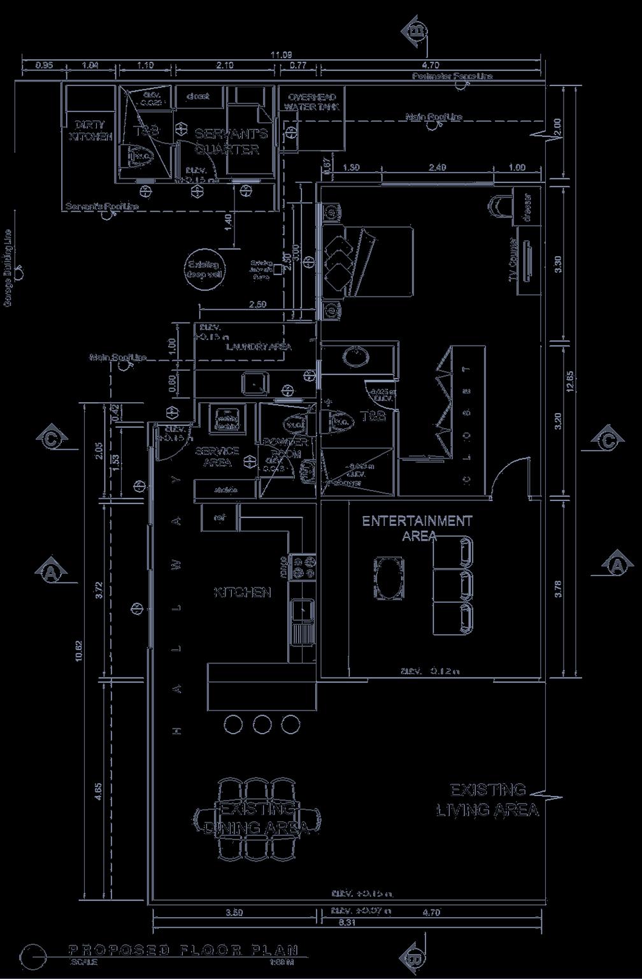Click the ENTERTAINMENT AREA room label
(x=417, y=528)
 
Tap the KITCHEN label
(x=243, y=593)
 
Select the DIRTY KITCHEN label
(x=90, y=131)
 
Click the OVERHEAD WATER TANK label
(x=312, y=102)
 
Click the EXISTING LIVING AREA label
(x=488, y=800)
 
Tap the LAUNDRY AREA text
(x=259, y=347)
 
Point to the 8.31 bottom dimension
(x=346, y=922)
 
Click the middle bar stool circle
(x=262, y=724)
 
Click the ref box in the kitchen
(x=220, y=517)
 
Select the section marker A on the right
(x=616, y=565)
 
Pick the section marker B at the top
(x=415, y=30)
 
